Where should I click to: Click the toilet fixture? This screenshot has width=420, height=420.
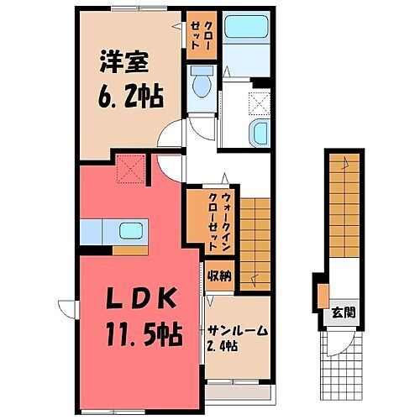click(200, 83)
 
